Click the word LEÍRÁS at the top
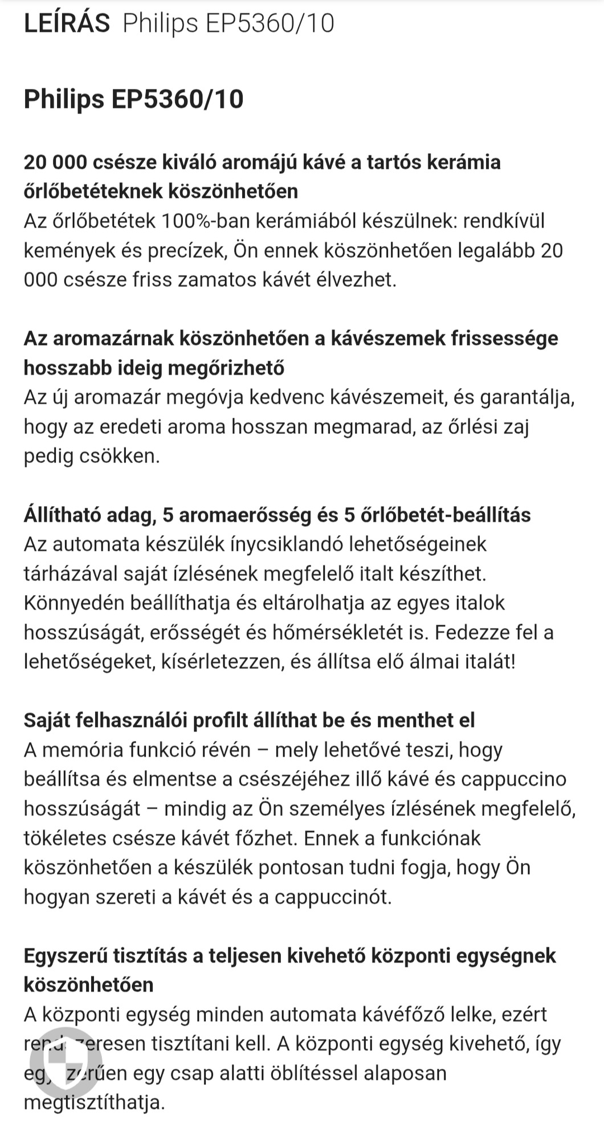[67, 23]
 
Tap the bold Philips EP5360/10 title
[133, 99]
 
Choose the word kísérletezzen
[222, 662]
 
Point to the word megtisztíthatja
[94, 1103]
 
